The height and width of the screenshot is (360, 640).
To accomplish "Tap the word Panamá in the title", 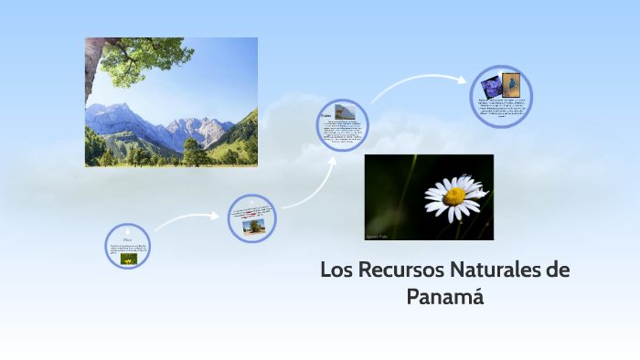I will point(444,297).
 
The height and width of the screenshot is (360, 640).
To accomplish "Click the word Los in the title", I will point(335,270).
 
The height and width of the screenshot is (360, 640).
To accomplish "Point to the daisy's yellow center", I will point(454,196).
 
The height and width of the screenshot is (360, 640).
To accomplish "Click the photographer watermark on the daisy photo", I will point(379,236).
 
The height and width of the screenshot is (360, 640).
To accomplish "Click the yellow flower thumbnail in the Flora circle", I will point(128,259).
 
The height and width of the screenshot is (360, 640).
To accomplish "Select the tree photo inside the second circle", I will point(254,225).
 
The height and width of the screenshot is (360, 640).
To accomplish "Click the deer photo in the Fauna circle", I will point(344,111).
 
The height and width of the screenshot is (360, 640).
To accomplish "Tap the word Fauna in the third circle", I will point(325,116).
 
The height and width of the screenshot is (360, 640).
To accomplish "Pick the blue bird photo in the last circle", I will point(510,83).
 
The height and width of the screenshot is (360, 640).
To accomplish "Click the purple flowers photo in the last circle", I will point(491,86).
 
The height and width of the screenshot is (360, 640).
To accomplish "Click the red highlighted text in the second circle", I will point(251,214).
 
